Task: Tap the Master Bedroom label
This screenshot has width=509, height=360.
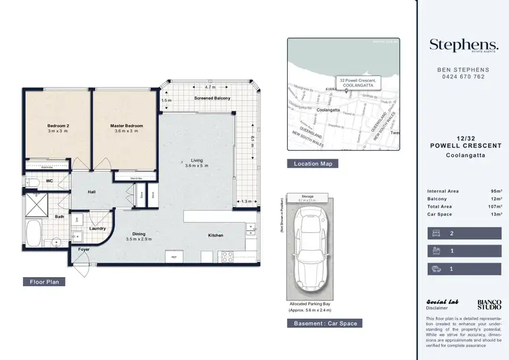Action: pyautogui.click(x=126, y=126)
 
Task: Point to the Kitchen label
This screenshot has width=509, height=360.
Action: pyautogui.click(x=215, y=235)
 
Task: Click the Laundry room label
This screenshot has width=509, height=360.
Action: pyautogui.click(x=97, y=228)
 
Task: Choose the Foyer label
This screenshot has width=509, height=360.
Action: pyautogui.click(x=83, y=249)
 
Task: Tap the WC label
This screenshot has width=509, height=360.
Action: pyautogui.click(x=50, y=181)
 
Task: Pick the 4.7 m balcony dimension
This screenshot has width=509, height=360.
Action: pyautogui.click(x=209, y=87)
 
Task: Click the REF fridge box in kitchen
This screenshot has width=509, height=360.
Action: pyautogui.click(x=174, y=257)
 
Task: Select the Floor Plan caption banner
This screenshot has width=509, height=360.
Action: pyautogui.click(x=46, y=281)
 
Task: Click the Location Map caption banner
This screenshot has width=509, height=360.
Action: pyautogui.click(x=312, y=164)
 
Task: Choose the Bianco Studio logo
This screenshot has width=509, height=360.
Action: pyautogui.click(x=489, y=304)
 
